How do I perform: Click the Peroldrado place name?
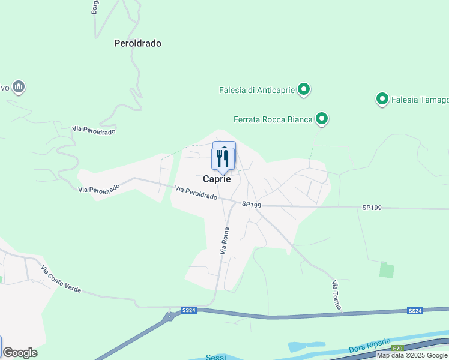tap(137, 43)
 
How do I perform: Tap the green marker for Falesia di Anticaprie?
tap(304, 90)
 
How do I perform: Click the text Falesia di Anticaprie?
tap(256, 91)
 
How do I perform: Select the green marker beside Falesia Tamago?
tap(382, 99)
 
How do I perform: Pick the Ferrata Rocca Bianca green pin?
tap(322, 119)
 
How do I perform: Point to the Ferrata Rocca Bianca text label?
tap(273, 120)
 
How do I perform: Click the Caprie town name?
tap(217, 179)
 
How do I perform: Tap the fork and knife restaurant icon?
tap(223, 158)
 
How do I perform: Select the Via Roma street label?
tap(225, 241)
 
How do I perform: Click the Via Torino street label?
tap(336, 295)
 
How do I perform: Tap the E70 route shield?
tap(398, 348)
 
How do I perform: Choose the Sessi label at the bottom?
tap(215, 357)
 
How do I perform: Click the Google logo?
tap(20, 353)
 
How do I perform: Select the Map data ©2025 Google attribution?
tap(412, 355)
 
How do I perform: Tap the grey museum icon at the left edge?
tap(19, 88)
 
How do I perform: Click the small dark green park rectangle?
tap(387, 269)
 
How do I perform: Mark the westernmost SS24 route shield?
tap(189, 310)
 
